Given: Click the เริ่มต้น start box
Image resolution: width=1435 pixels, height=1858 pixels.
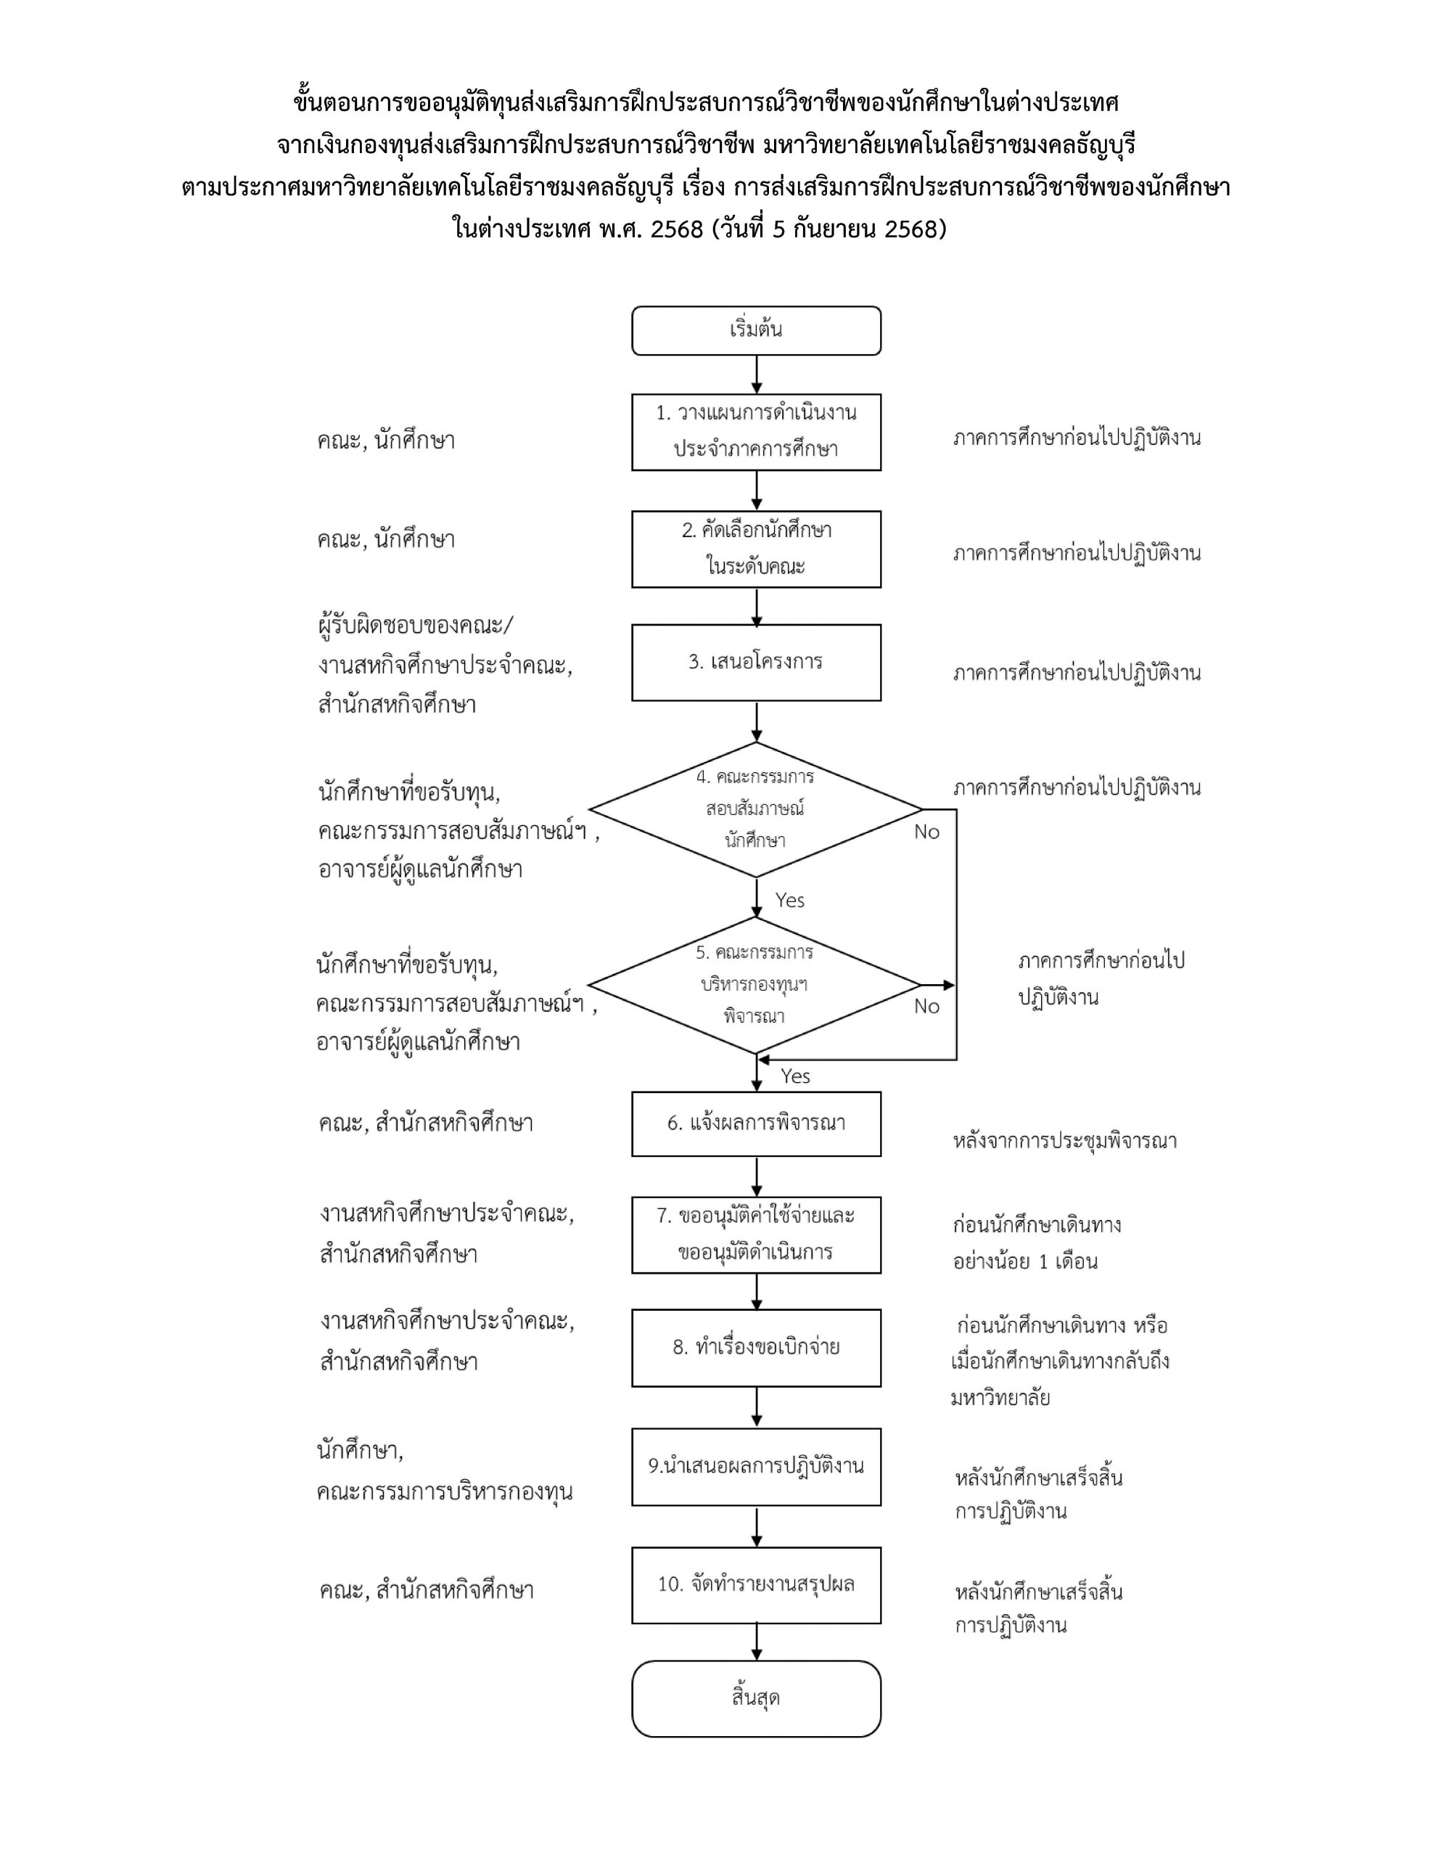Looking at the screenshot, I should click(x=755, y=330).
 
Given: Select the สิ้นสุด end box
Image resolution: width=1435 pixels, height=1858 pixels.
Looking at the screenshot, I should click(x=755, y=1698).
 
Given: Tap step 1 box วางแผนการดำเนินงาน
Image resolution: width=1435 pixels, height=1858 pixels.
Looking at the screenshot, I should click(x=755, y=431).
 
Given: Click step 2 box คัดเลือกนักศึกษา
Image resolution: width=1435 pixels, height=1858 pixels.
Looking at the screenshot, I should click(x=755, y=549).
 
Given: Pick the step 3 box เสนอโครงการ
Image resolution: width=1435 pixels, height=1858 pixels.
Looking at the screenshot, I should click(x=755, y=662).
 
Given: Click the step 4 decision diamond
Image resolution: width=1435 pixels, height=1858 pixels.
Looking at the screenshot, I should click(x=755, y=809).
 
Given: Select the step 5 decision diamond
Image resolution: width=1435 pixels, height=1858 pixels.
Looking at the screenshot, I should click(x=754, y=984).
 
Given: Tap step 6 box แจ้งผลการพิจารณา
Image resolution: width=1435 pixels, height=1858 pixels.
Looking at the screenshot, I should click(x=755, y=1123).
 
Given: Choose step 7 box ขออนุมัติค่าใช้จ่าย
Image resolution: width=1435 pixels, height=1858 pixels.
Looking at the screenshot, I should click(x=755, y=1235).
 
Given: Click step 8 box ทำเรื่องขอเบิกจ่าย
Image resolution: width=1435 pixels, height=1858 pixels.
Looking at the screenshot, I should click(x=755, y=1348).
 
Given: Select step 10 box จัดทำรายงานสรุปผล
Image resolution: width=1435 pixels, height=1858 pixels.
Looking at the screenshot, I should click(x=755, y=1584).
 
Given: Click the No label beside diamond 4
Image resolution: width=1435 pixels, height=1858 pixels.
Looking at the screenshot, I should click(x=926, y=832).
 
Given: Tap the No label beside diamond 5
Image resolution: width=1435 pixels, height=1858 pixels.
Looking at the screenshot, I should click(x=926, y=1007).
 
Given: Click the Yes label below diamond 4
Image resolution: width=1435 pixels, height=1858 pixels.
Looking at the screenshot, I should click(x=789, y=900).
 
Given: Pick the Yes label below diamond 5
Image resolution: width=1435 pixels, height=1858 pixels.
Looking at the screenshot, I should click(x=795, y=1076).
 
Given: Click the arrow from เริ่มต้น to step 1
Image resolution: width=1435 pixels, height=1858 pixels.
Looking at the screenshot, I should click(x=756, y=375).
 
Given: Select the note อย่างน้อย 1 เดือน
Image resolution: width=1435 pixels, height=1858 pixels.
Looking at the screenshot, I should click(x=1025, y=1261).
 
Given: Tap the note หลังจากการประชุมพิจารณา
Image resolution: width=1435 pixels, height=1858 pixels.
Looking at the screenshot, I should click(x=1064, y=1141).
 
